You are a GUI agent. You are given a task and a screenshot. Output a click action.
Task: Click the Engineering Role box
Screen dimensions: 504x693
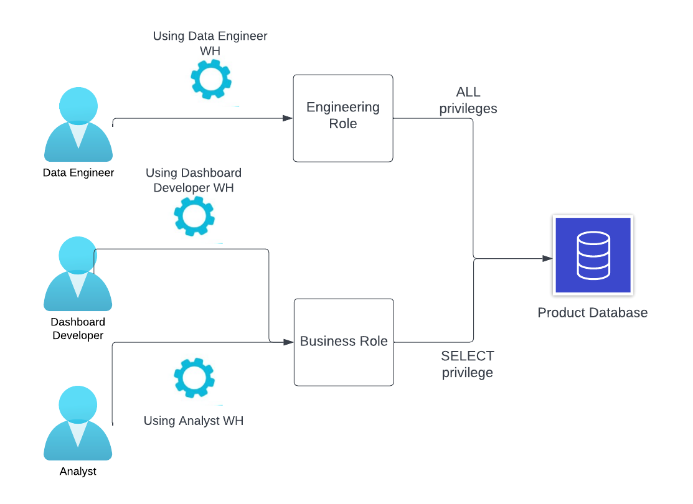(x=343, y=118)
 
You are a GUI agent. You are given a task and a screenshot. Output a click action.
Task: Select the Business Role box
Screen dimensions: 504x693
(x=344, y=342)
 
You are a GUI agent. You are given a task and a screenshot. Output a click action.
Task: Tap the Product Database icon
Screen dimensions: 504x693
(x=593, y=255)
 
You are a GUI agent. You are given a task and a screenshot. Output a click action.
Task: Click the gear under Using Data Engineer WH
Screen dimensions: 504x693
(x=210, y=79)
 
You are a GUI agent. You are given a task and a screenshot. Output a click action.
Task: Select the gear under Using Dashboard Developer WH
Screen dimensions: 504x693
(x=194, y=215)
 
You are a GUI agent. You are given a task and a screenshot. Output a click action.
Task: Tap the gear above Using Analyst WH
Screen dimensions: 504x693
(x=194, y=378)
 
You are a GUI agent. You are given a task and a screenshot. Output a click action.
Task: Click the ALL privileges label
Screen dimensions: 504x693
(x=468, y=100)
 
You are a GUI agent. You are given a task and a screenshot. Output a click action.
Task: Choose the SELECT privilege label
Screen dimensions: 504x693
(x=468, y=364)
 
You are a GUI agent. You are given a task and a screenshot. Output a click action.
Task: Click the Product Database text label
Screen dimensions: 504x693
(x=592, y=312)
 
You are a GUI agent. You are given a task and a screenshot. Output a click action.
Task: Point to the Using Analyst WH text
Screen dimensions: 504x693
(x=193, y=421)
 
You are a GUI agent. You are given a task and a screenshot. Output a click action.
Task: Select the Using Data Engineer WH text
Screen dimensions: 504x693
(x=210, y=44)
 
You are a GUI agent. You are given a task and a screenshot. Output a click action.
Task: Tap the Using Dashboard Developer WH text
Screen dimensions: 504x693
(x=193, y=180)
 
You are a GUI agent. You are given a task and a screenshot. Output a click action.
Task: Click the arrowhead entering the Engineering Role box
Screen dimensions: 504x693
(x=288, y=118)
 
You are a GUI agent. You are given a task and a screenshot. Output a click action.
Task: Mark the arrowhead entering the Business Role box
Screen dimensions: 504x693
(x=288, y=342)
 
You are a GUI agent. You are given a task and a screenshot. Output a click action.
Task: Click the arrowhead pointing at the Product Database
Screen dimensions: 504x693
(x=547, y=258)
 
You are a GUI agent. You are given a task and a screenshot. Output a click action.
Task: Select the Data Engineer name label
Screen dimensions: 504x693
(x=78, y=172)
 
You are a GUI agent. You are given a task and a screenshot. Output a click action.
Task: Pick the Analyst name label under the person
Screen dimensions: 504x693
(x=78, y=471)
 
